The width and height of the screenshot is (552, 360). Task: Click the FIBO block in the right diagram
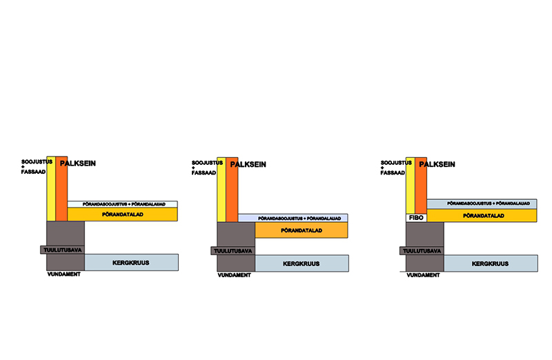(415, 217)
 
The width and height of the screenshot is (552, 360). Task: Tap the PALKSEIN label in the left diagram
(77, 163)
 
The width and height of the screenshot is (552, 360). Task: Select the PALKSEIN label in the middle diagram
(248, 164)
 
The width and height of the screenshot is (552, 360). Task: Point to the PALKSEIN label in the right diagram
(437, 164)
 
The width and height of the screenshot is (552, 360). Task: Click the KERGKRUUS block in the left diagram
(131, 262)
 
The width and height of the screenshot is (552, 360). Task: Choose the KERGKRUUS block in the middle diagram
(301, 263)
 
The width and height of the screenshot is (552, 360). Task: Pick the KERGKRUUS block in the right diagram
(490, 263)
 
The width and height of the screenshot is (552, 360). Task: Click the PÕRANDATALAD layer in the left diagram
(123, 214)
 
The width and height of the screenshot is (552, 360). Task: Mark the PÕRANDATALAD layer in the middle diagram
(301, 230)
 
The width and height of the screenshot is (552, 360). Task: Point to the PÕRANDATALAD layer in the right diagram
(482, 216)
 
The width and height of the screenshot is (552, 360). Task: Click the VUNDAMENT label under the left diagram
(61, 274)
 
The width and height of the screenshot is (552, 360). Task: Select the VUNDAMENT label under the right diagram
(421, 274)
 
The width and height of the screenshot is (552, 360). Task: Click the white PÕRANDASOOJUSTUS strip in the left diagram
(123, 203)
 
